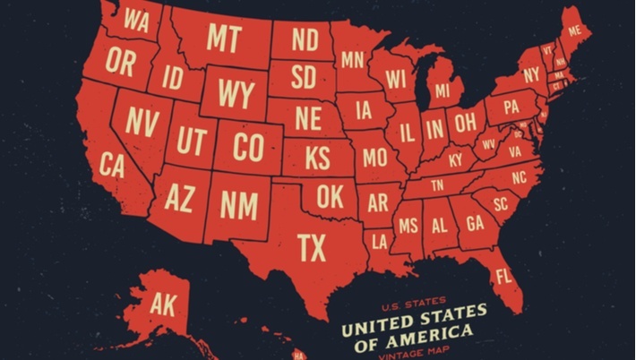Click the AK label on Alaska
(164, 304)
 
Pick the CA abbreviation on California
(112, 165)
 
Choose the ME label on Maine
(574, 30)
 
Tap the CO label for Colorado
(247, 146)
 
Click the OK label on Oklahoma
(329, 197)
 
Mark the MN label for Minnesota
(353, 60)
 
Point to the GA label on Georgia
(475, 222)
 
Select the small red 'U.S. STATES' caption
(415, 303)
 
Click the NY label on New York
(532, 73)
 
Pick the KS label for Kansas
(317, 159)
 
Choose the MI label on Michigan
(443, 91)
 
